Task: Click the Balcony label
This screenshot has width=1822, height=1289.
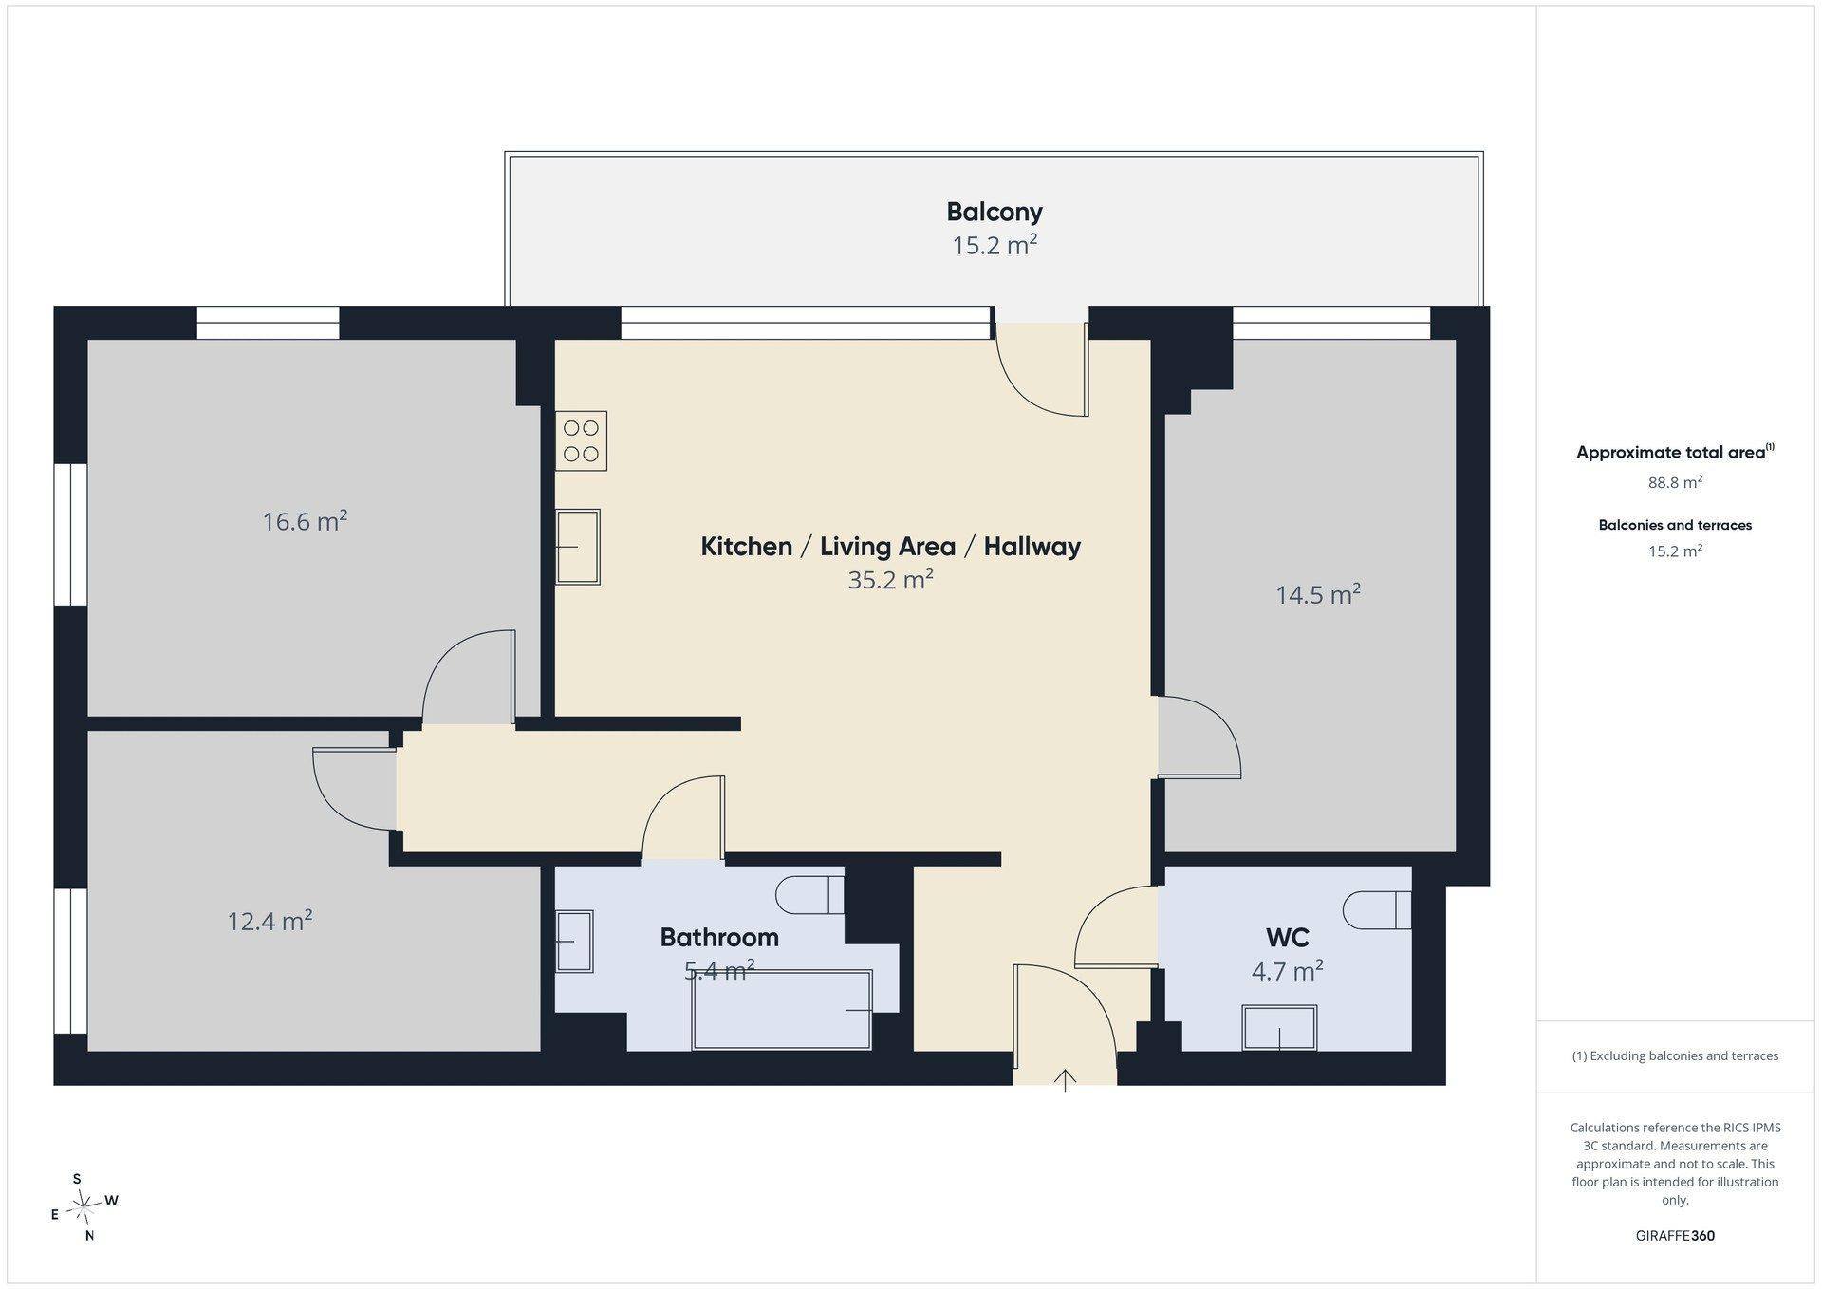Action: click(994, 212)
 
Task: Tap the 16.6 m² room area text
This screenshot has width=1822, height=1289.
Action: click(305, 521)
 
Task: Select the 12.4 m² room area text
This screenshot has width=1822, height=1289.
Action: click(270, 921)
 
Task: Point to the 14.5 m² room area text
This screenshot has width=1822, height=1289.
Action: click(1318, 594)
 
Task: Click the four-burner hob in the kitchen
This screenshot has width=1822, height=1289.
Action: click(581, 440)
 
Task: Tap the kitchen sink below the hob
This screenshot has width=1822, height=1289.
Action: click(578, 547)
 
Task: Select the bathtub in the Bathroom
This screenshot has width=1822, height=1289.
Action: click(782, 1010)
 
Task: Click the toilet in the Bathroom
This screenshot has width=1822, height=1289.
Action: click(809, 894)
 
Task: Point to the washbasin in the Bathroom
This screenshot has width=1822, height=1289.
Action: click(574, 941)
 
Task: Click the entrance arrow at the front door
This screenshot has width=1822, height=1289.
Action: click(1065, 1080)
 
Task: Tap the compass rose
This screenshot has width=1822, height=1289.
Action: click(84, 1206)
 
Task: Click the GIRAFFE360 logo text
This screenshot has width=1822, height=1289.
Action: click(1675, 1236)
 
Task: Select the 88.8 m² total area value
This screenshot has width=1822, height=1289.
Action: click(1675, 482)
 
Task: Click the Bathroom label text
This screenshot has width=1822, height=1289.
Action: click(719, 937)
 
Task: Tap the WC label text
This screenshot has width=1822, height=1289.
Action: click(1288, 938)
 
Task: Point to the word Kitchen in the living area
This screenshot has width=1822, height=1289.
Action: click(746, 546)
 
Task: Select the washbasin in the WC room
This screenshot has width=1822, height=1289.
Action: click(1279, 1028)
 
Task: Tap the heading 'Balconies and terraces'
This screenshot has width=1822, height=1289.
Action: click(1675, 525)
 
